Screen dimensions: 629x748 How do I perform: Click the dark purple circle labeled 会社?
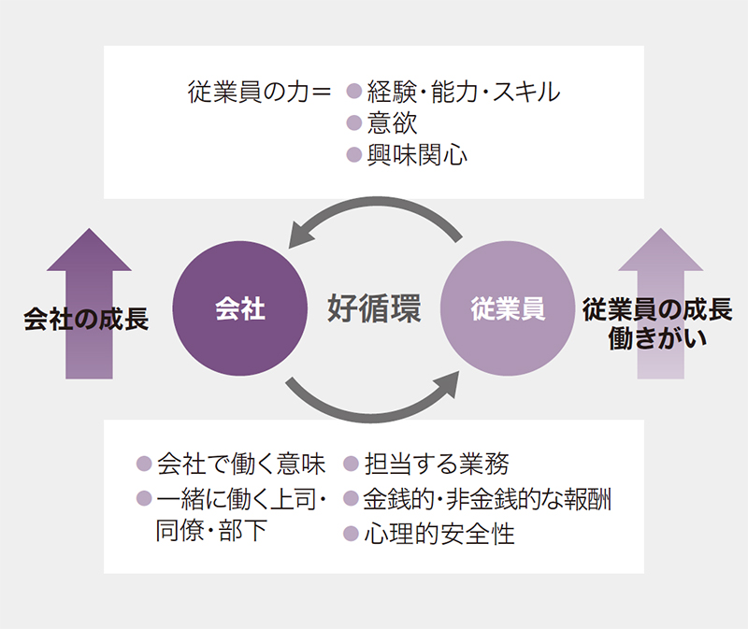239,309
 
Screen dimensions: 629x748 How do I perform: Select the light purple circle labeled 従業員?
507,309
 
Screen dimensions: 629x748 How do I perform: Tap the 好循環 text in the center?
373,308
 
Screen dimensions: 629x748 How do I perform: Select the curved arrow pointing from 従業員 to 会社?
374,211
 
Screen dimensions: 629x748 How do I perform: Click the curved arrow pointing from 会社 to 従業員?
374,407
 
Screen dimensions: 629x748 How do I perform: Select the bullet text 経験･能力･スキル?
463,93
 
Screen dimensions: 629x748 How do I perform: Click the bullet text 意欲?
393,123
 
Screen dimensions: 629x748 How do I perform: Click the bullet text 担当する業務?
437,464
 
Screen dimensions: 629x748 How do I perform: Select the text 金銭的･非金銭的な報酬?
488,499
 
